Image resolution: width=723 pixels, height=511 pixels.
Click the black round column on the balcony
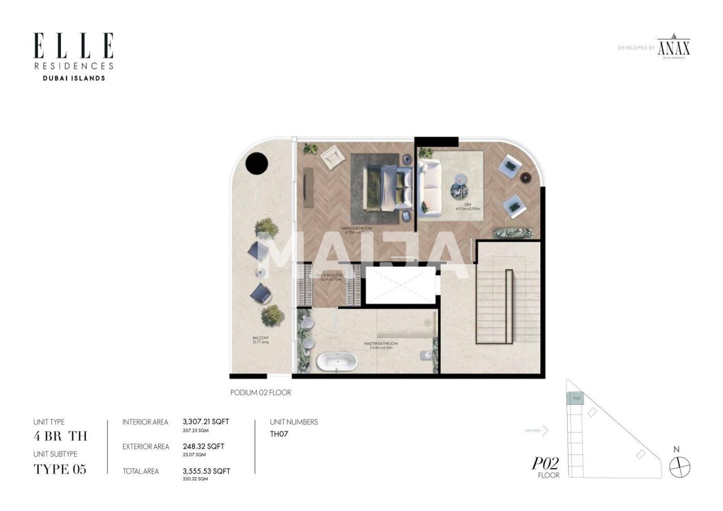coord(256,163)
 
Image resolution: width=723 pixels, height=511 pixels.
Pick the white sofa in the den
coord(430,187)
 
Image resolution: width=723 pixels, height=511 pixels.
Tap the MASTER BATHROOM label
coord(381,343)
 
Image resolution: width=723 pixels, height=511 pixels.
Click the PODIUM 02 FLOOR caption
coord(260,392)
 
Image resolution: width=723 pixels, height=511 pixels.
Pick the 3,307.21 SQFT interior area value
coord(206,421)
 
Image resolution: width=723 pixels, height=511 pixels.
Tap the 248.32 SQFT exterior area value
coord(203,446)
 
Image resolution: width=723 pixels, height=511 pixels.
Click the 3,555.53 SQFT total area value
coord(206,471)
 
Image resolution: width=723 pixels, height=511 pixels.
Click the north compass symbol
coord(680,467)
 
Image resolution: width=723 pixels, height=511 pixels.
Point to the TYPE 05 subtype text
coord(60,469)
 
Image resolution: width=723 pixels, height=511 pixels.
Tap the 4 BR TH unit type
coord(60,436)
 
